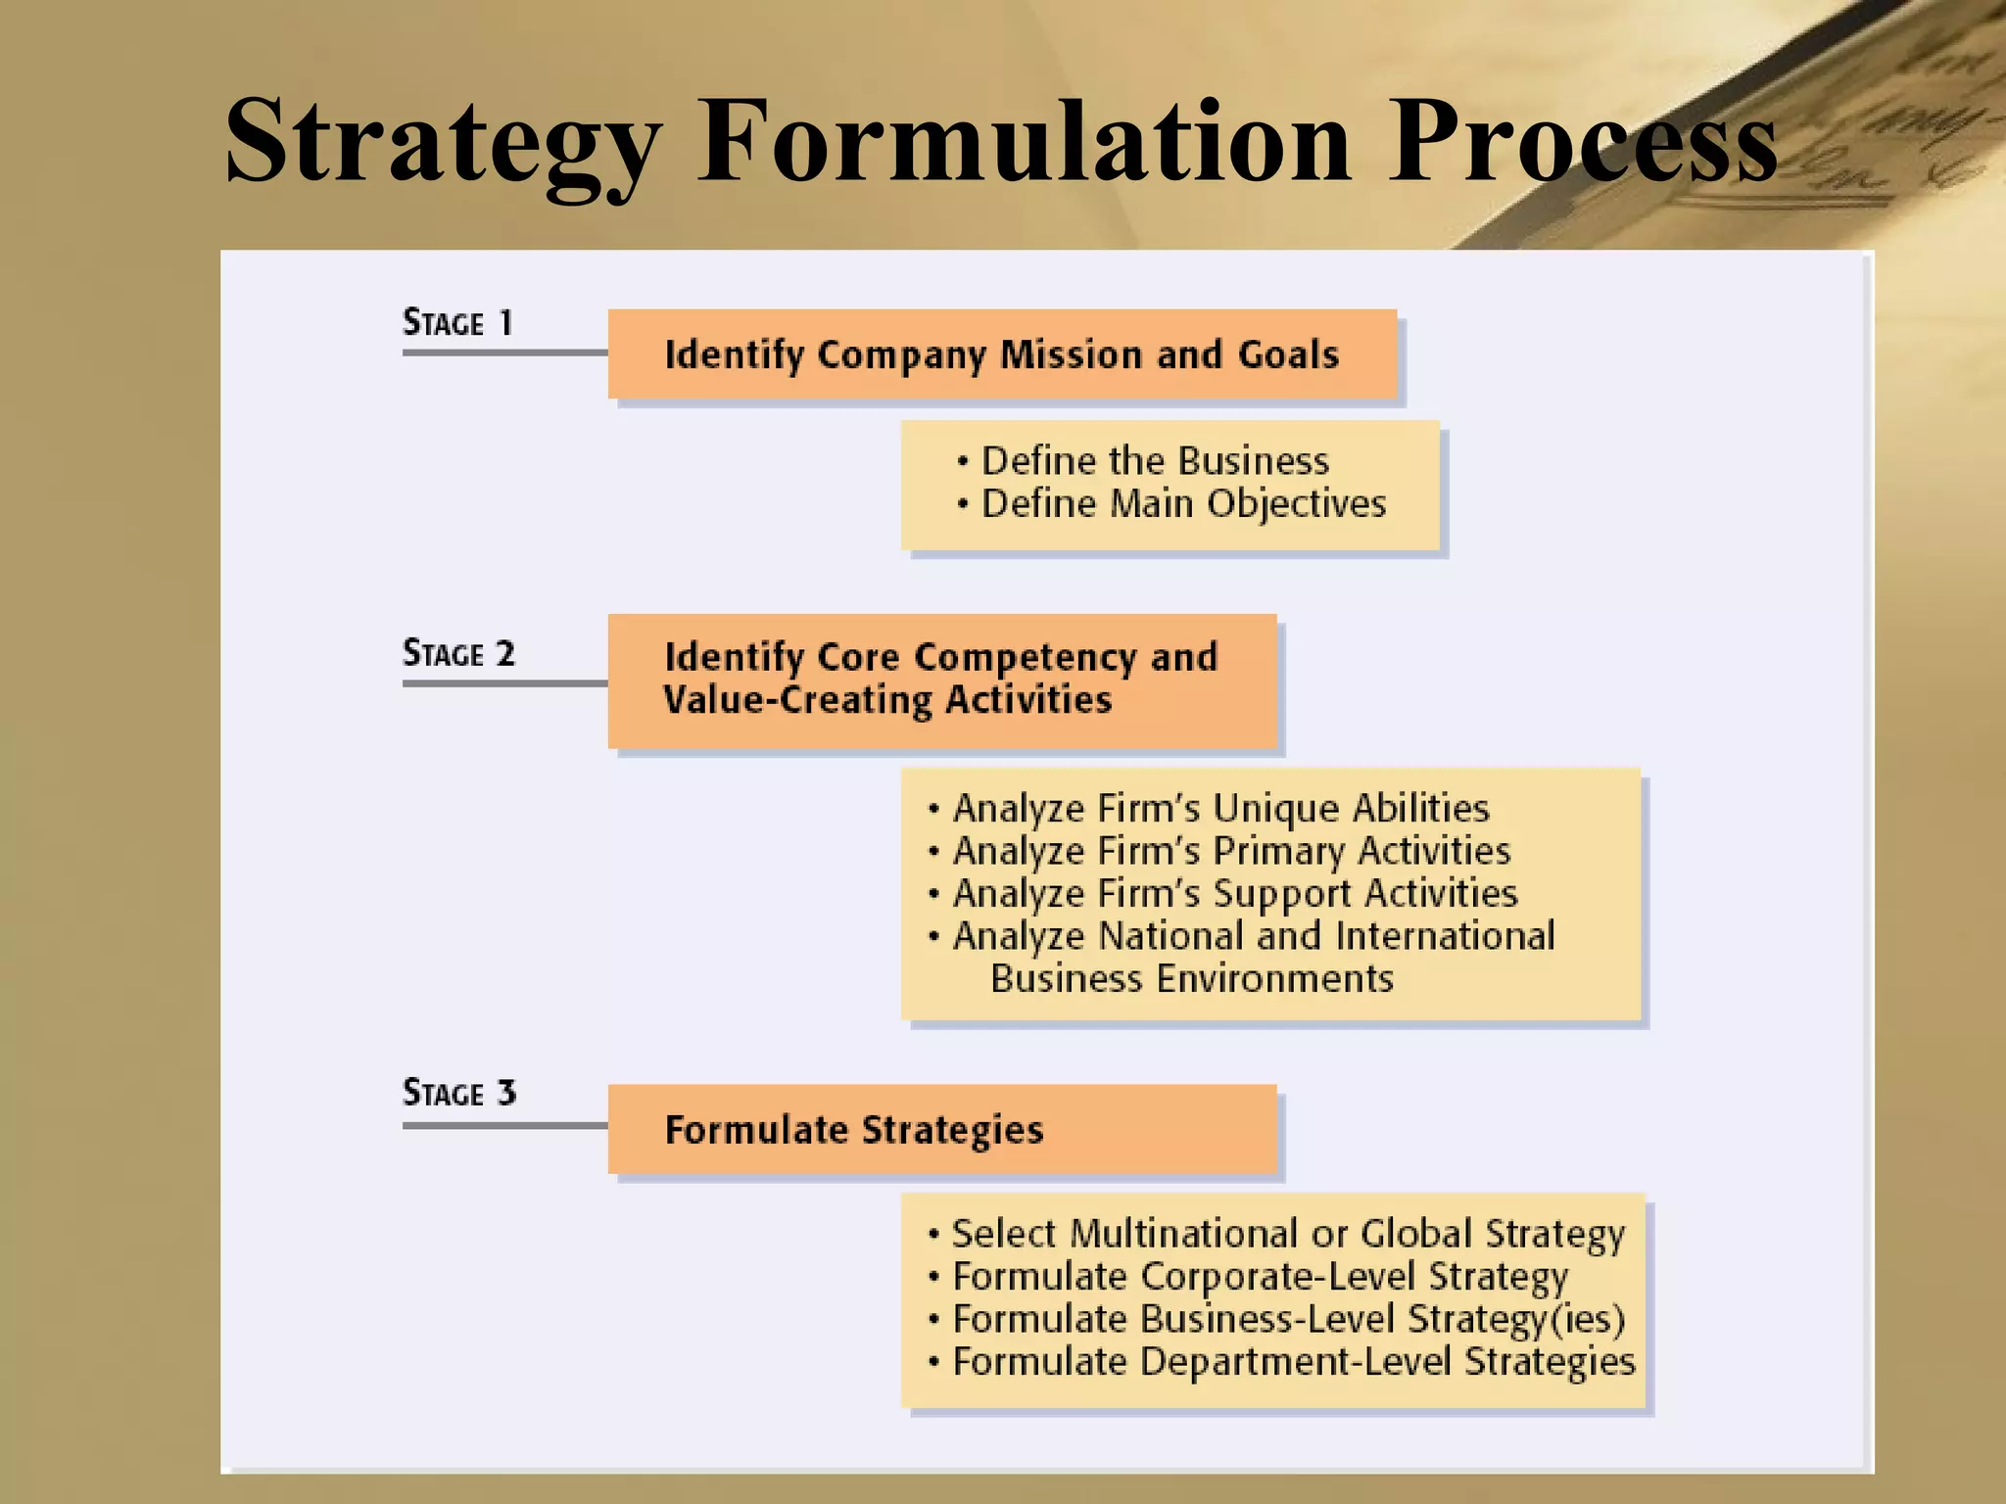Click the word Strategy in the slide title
(x=443, y=142)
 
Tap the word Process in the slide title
(x=1581, y=142)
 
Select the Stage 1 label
(x=457, y=323)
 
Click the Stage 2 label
(x=458, y=653)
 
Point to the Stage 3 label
(x=458, y=1093)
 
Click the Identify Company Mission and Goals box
(x=1001, y=354)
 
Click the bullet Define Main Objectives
(x=1183, y=504)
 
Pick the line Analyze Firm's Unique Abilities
(x=1220, y=809)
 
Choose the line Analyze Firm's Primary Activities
(x=1231, y=852)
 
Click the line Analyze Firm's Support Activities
(x=1234, y=894)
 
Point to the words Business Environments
(x=1191, y=979)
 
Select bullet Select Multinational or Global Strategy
(x=1287, y=1234)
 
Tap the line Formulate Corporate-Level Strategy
(x=1260, y=1277)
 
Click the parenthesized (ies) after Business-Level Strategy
(x=1588, y=1320)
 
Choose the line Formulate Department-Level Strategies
(x=1293, y=1362)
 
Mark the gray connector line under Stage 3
(x=504, y=1126)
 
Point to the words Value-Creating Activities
(x=887, y=700)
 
